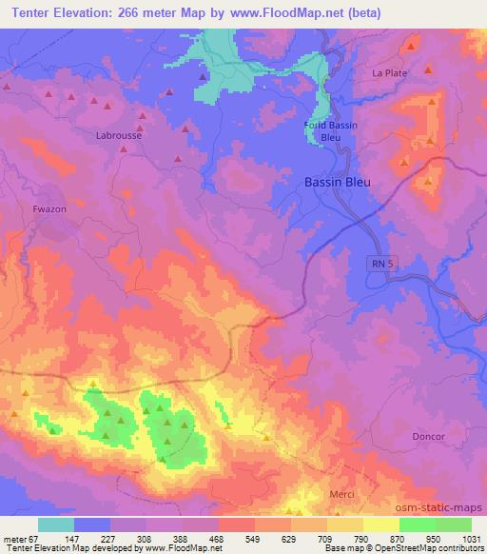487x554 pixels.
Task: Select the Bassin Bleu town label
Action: click(x=337, y=182)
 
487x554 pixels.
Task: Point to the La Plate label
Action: click(x=388, y=73)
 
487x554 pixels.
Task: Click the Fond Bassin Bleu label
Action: click(x=329, y=130)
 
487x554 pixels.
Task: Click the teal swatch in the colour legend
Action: click(x=56, y=524)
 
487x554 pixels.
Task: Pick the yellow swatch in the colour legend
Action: click(x=380, y=524)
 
